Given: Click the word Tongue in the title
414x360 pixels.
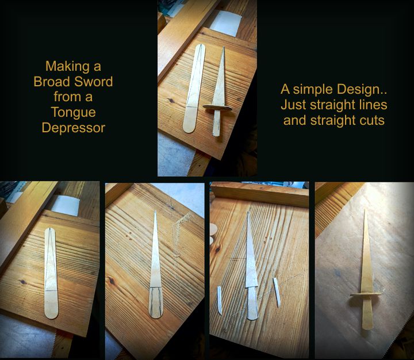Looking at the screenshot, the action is [73, 113].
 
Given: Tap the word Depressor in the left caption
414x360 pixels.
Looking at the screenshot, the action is [74, 128].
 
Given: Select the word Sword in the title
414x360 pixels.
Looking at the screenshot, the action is [94, 82].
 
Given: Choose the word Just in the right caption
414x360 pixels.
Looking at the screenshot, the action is [294, 105].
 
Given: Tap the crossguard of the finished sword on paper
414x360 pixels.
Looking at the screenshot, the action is [366, 294].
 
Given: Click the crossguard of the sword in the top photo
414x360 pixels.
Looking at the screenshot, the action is [217, 107].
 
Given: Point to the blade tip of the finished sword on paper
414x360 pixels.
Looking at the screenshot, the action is [366, 210].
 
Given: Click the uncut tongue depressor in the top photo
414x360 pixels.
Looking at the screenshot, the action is [194, 89].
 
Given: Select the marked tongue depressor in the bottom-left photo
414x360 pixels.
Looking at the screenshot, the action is [51, 273].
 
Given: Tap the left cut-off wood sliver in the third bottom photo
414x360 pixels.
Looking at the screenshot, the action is [219, 300].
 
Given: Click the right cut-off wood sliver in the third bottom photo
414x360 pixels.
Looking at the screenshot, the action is [277, 292].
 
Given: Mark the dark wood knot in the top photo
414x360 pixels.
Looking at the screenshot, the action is [171, 101].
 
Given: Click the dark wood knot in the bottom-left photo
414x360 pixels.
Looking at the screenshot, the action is [22, 282].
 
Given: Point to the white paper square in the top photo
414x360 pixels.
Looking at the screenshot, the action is [226, 23].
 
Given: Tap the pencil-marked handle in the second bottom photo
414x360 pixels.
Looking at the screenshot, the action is [156, 302].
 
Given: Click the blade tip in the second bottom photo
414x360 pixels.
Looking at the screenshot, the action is [155, 211].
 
